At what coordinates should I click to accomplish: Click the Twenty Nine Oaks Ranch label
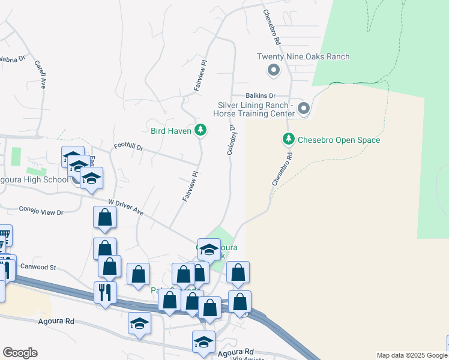coord(303,57)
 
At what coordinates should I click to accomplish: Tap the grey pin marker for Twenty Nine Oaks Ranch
coord(274,71)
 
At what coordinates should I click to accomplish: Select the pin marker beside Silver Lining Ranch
coord(304,109)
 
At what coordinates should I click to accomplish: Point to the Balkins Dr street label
coord(260,95)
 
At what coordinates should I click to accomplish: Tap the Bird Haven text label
coord(170,130)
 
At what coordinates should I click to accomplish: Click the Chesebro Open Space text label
coord(339,140)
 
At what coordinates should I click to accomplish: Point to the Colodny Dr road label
coord(230,139)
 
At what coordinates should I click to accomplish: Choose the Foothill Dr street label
coord(128,147)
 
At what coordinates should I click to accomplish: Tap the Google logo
coord(20,352)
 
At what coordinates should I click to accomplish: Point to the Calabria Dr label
coord(12,59)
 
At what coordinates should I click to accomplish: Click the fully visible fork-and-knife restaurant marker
coord(105,293)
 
